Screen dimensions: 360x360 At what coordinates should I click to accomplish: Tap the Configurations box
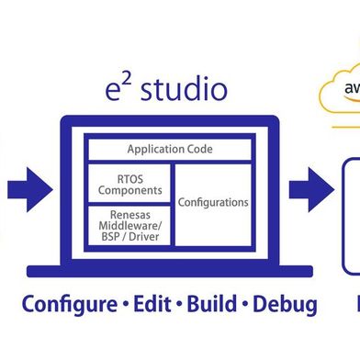coord(213,202)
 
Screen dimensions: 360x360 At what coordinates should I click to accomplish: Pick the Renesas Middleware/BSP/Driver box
coord(129,226)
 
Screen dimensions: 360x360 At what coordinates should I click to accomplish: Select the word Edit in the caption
coord(151,304)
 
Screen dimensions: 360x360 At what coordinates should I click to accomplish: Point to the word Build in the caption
coord(211,304)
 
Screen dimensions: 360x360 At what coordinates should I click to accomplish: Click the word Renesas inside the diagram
coord(129,213)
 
